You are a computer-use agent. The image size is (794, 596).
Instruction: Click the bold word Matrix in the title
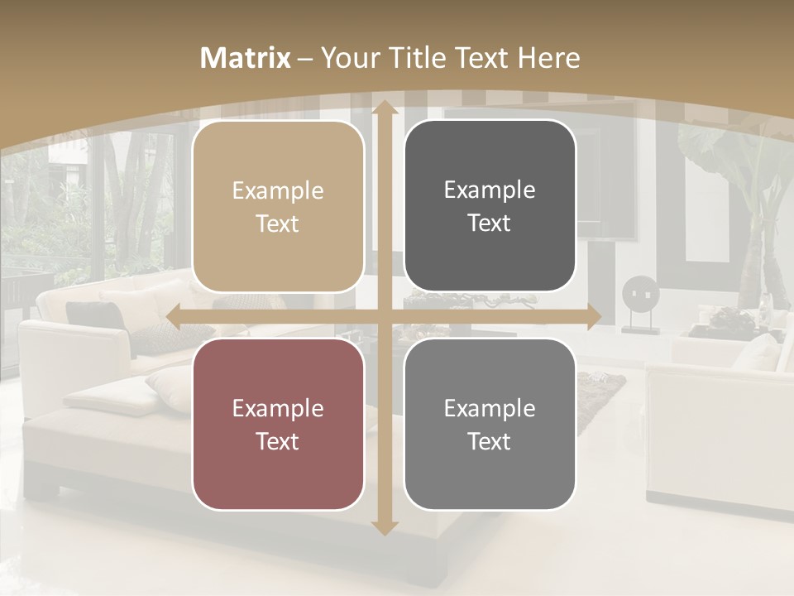point(246,58)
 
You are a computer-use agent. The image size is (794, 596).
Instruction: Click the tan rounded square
point(278,207)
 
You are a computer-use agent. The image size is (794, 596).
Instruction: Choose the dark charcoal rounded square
point(490,207)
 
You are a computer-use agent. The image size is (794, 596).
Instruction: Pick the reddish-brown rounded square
point(278,424)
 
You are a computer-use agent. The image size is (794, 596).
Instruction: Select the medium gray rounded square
point(490,424)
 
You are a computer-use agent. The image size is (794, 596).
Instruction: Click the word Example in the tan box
point(278,191)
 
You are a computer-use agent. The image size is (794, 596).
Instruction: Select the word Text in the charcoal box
point(490,223)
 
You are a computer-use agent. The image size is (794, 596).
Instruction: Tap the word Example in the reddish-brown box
point(278,408)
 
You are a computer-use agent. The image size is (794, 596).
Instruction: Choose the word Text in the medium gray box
point(490,441)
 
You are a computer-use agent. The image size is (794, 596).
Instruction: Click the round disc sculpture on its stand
point(635,295)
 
